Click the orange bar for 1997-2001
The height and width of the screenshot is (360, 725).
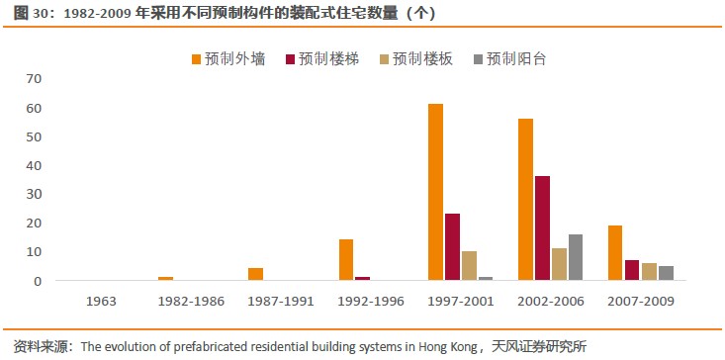pos(435,192)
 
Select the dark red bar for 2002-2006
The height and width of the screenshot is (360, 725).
pos(542,228)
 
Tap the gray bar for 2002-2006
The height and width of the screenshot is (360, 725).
pos(576,257)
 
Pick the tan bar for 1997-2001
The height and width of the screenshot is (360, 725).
pos(469,266)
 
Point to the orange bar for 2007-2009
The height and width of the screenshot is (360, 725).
pos(615,253)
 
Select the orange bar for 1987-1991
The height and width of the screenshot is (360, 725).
pos(256,274)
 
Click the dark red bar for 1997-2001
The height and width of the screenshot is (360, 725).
pos(452,247)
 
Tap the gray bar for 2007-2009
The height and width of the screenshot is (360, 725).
pos(666,273)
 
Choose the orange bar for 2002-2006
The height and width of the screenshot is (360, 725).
pos(525,200)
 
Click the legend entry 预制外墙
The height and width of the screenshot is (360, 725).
pos(227,58)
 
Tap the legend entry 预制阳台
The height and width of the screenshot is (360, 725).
pos(509,58)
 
